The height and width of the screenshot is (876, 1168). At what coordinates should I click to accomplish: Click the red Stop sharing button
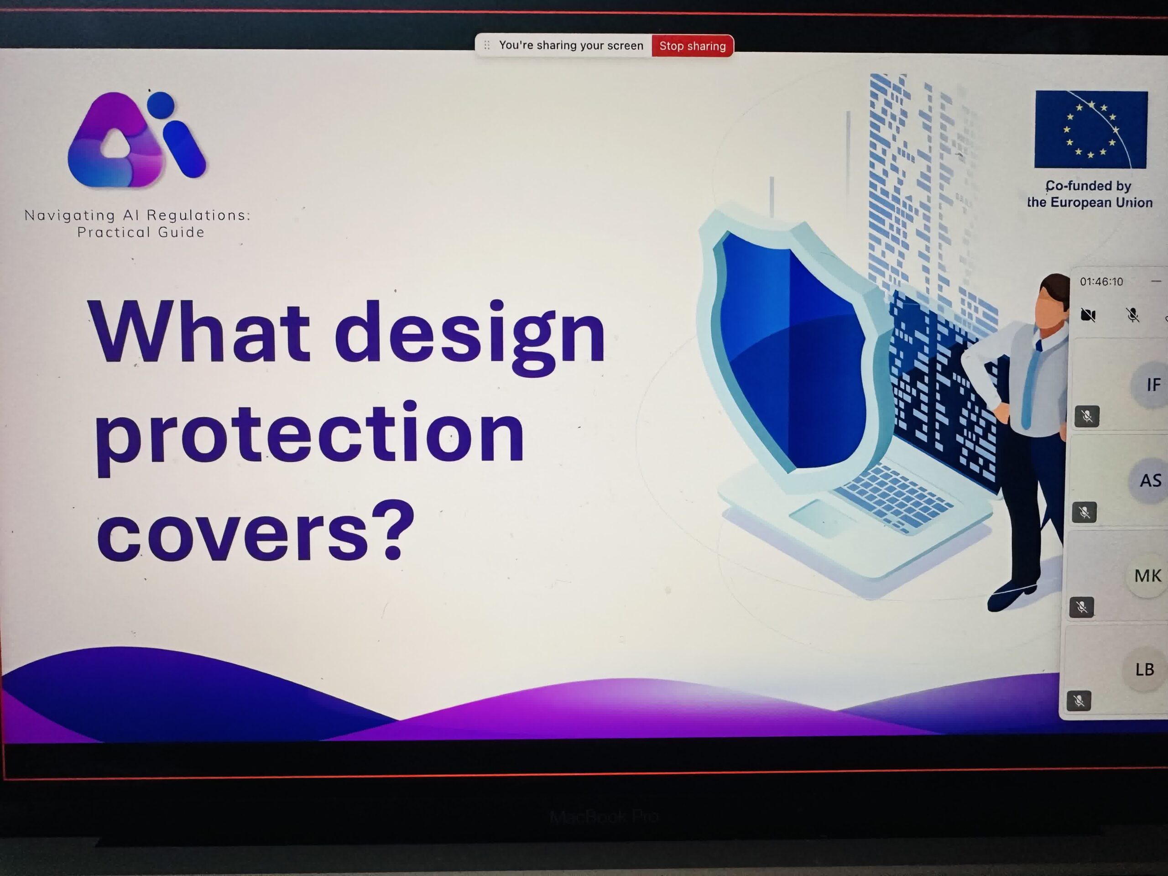coord(692,46)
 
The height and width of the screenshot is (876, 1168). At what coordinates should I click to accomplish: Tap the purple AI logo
coord(136,140)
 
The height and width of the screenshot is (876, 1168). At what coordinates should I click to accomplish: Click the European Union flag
coord(1091,130)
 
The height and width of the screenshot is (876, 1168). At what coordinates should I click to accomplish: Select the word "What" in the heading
coord(199,332)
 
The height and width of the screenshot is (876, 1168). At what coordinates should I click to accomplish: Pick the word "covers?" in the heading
coord(255,530)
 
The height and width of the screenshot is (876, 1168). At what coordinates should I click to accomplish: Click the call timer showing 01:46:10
coord(1101,282)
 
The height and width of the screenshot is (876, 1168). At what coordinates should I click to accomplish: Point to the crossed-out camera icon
coord(1088,315)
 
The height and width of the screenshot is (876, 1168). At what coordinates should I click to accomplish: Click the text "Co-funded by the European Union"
coord(1090,194)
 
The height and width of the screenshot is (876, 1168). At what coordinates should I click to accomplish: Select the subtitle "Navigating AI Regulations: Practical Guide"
coord(138,224)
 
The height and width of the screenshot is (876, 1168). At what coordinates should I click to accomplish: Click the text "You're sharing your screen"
coord(571,46)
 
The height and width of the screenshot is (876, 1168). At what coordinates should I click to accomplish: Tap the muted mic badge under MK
coord(1081,607)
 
